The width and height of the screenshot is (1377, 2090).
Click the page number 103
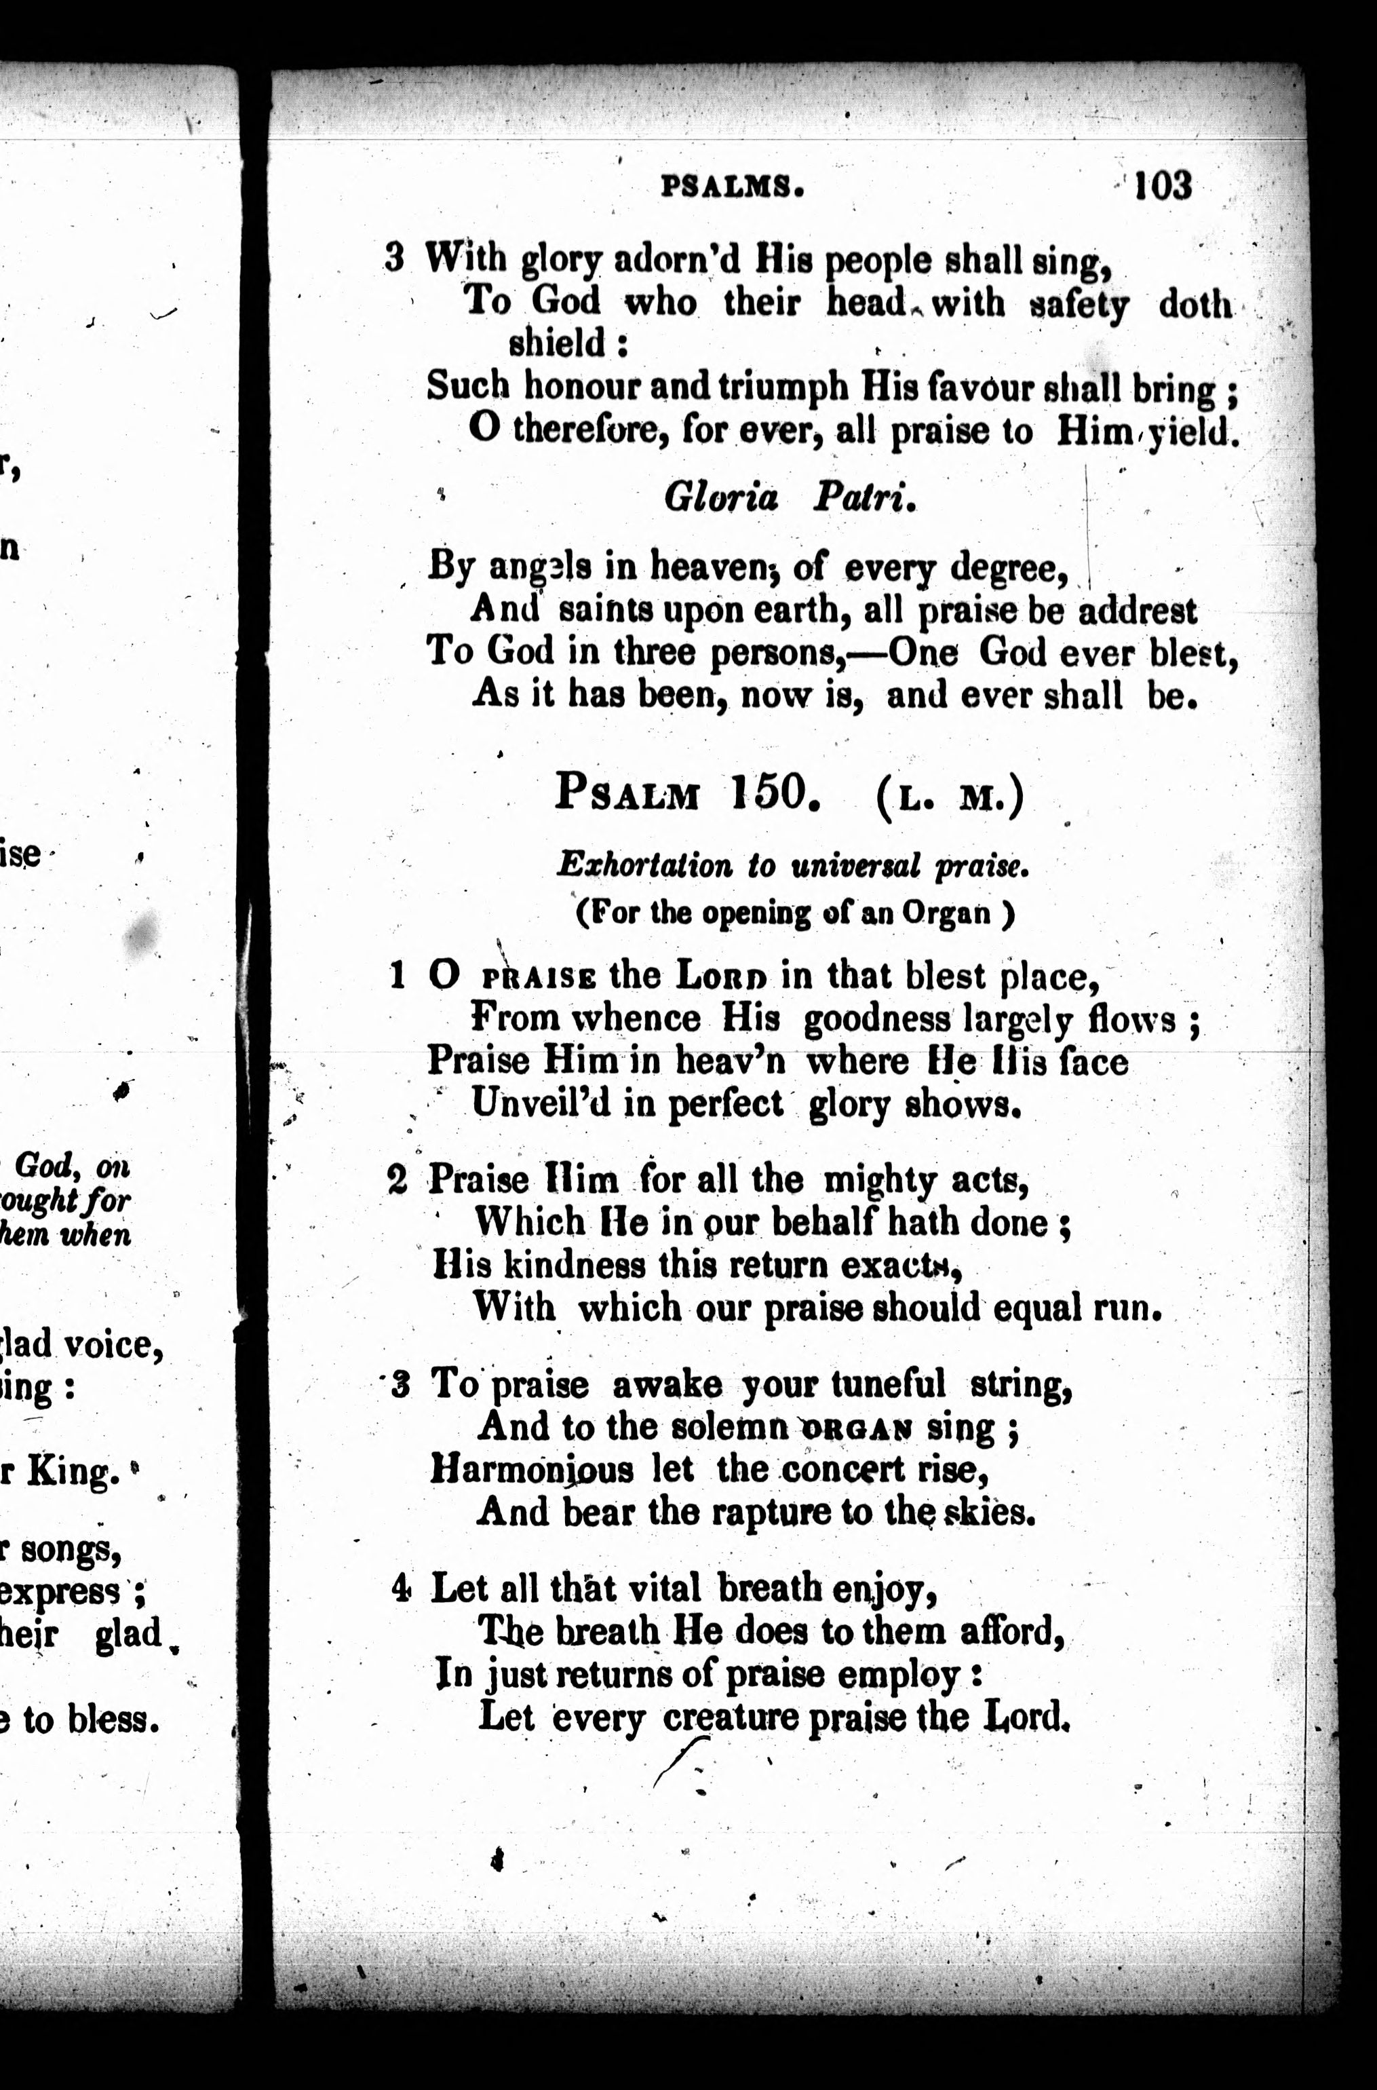[1163, 185]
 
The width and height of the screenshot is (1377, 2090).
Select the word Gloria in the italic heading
[721, 498]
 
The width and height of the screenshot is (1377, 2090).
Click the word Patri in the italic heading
[864, 498]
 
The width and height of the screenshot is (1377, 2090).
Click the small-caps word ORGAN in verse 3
[856, 1429]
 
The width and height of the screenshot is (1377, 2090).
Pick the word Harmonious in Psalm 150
[530, 1470]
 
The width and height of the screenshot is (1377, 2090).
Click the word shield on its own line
[558, 343]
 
